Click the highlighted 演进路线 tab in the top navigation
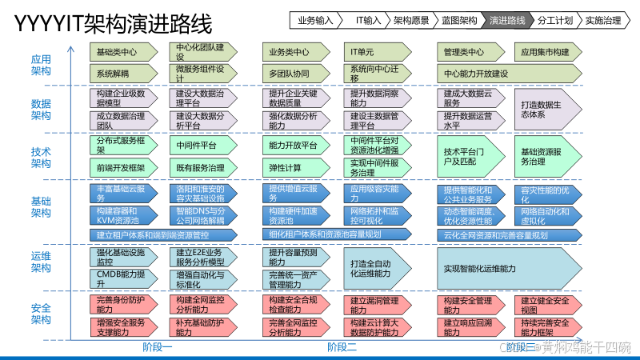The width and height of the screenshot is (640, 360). click(506, 20)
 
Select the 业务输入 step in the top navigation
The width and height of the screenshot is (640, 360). click(315, 20)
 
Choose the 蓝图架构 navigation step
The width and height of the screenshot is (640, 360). click(458, 20)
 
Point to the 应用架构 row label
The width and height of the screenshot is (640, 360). click(41, 66)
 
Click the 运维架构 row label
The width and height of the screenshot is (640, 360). click(41, 262)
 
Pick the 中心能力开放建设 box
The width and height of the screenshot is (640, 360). click(514, 74)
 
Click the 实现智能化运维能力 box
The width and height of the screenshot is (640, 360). click(514, 268)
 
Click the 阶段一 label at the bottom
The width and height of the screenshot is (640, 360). click(158, 346)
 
